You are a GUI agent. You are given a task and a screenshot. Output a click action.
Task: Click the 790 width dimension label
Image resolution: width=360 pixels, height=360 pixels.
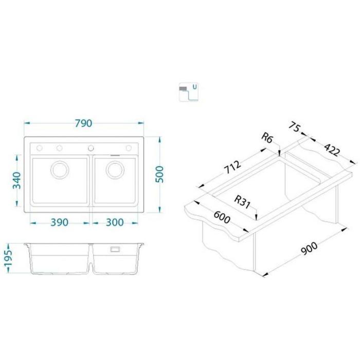pos(83,123)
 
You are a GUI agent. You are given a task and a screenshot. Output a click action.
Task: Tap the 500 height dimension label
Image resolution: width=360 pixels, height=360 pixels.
pos(159,174)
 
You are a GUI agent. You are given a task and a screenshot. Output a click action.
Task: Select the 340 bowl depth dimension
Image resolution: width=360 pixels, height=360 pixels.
pos(16,181)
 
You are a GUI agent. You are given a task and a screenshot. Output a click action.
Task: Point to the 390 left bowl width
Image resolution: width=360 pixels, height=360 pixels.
pos(60,222)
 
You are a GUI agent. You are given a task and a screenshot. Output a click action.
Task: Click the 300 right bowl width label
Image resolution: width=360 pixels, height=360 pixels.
pos(115,222)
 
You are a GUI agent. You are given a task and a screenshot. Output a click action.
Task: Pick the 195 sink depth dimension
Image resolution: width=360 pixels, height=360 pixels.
pos(8,258)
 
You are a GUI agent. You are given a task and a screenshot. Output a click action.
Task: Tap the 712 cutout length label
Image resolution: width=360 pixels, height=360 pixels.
pos(232,167)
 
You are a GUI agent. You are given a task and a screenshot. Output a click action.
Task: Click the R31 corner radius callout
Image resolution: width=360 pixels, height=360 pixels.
pos(242,202)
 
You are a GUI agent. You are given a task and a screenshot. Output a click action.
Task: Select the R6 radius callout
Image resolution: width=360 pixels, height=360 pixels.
pos(267,138)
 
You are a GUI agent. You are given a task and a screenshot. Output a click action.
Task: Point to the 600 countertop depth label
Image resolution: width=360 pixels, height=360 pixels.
pos(222,217)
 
